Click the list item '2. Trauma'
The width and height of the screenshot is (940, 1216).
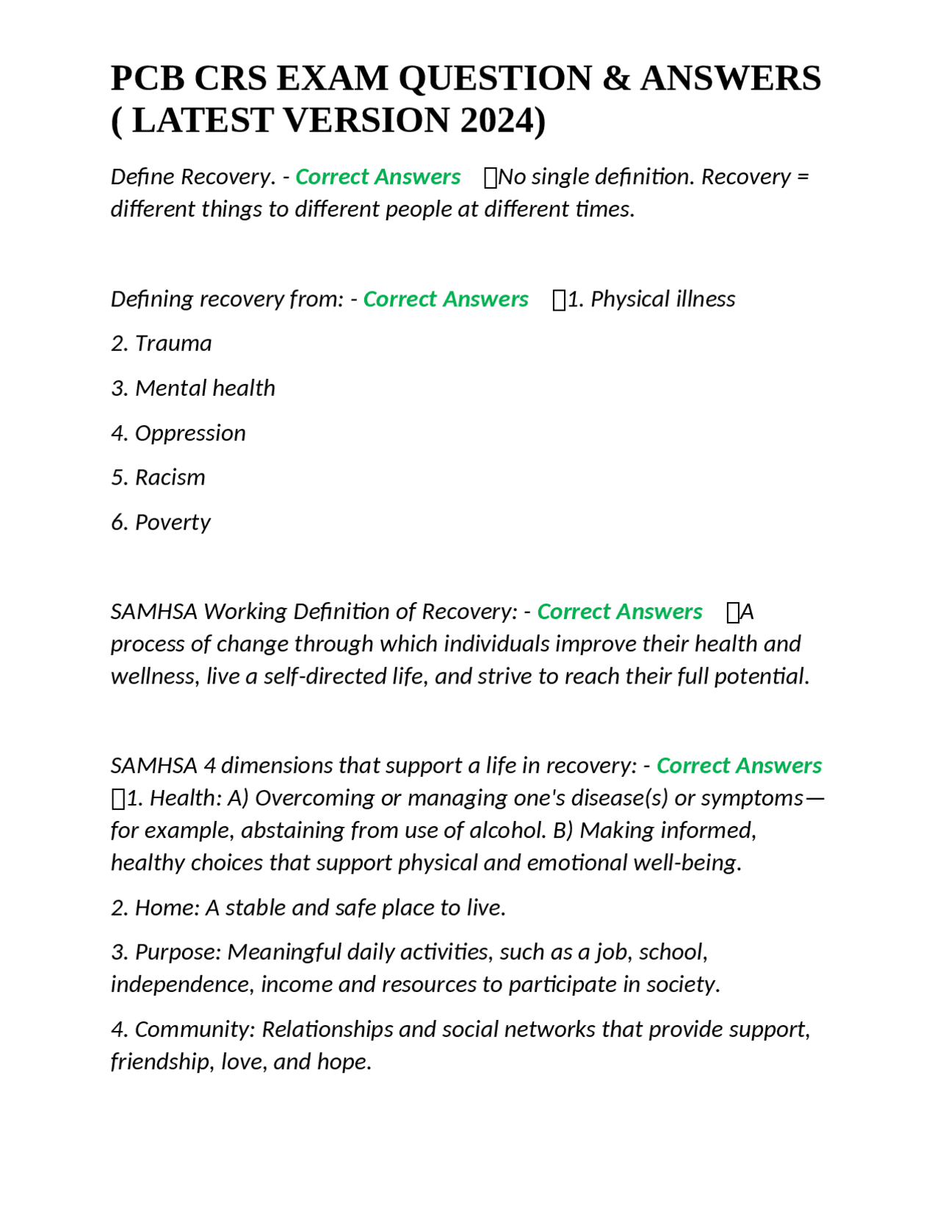pos(162,344)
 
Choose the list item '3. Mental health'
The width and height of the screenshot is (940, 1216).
pos(193,388)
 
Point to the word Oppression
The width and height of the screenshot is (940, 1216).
pos(190,433)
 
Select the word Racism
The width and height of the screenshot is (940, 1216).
pos(170,478)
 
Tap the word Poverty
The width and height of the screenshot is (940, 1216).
pos(173,523)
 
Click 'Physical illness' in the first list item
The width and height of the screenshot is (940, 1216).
pos(662,300)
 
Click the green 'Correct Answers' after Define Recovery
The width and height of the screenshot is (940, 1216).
pos(377,177)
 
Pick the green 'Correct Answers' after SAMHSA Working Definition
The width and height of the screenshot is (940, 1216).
pos(619,612)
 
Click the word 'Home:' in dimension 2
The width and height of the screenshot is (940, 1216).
pos(167,908)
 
